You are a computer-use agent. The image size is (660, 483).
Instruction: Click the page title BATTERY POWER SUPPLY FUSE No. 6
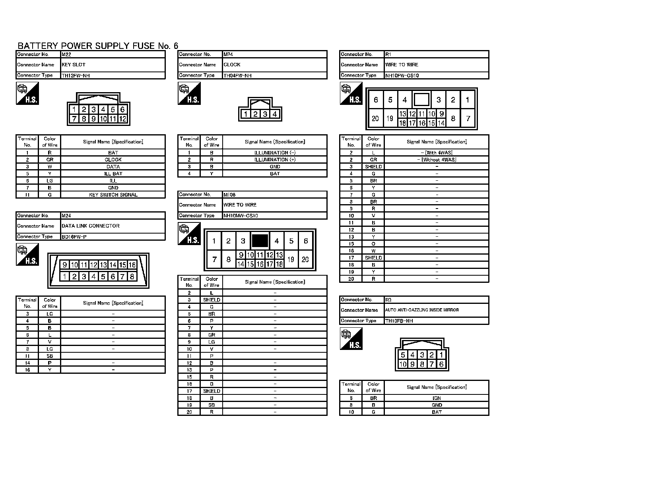pos(98,46)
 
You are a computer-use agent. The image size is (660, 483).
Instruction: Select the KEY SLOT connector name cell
pos(113,65)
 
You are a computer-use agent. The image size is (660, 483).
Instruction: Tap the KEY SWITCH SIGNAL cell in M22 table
pos(113,195)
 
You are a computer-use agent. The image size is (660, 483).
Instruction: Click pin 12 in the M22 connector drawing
pos(122,119)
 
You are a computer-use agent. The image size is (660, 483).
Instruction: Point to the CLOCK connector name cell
pos(274,65)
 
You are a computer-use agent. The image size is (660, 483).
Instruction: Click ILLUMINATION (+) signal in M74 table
pos(275,160)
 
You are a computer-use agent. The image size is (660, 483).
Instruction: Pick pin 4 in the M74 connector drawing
pos(275,114)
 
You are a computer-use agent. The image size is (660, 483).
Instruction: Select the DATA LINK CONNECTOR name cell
pos(113,226)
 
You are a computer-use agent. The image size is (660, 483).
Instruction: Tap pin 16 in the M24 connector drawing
pos(132,265)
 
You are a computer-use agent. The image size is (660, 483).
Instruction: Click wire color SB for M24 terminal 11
pos(50,356)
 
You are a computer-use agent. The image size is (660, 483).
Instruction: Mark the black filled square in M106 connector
pos(260,241)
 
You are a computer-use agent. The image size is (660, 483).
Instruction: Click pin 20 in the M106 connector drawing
pos(305,259)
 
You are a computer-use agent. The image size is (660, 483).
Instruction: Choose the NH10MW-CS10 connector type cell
pos(274,216)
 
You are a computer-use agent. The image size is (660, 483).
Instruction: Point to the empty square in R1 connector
pos(421,99)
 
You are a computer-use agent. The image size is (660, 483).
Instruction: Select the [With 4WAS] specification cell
pos(437,153)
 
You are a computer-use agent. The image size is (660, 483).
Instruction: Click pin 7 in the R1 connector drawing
pos(468,118)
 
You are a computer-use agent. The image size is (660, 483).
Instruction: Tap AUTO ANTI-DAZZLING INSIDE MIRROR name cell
pos(437,310)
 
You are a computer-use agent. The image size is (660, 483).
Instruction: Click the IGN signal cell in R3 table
pos(437,398)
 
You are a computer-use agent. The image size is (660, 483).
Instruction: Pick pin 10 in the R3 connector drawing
pos(403,364)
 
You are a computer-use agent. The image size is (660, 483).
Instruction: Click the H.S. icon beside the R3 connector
pos(351,339)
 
